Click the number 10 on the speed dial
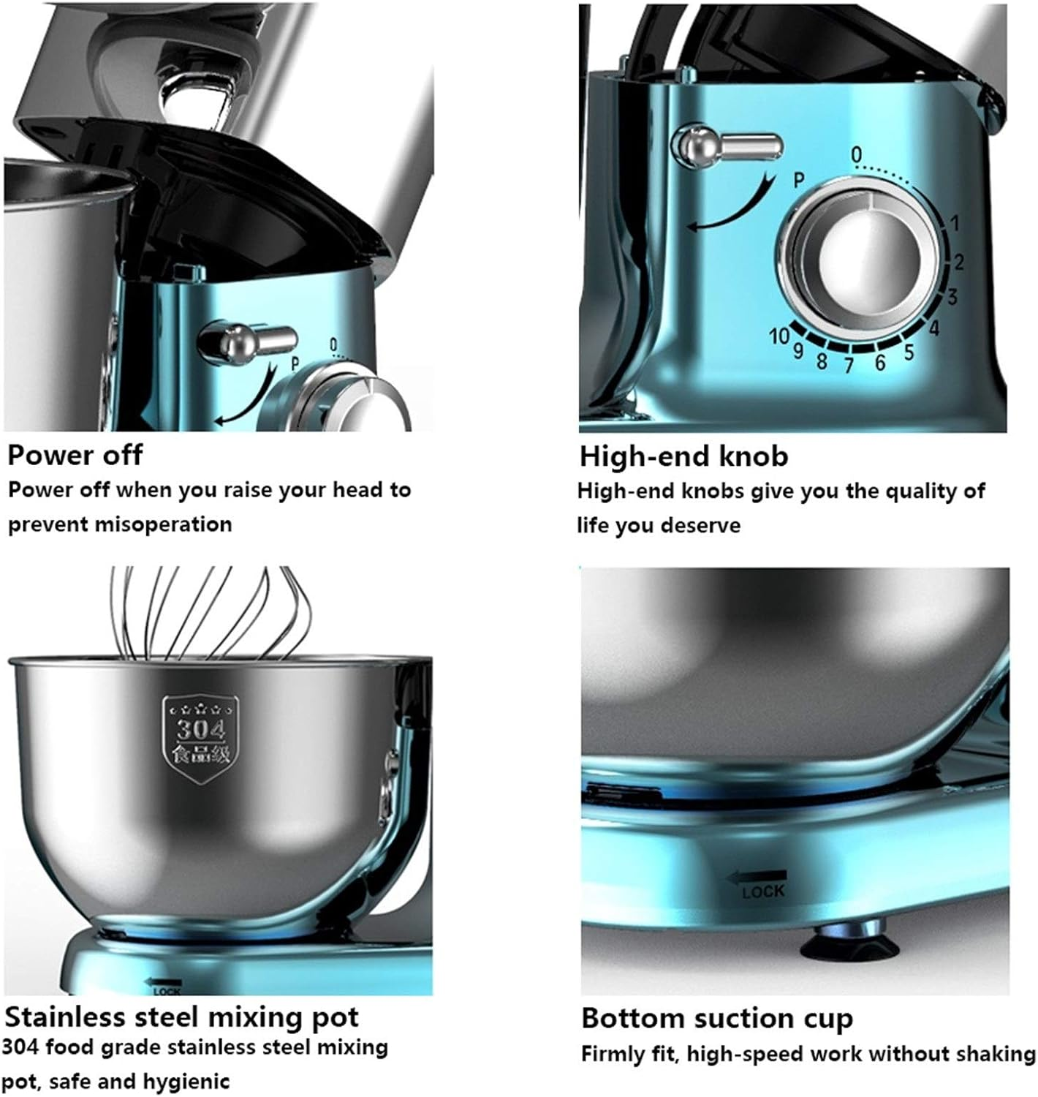pos(778,336)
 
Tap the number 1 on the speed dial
pos(955,223)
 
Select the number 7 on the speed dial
pos(849,365)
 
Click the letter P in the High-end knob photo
pos(799,180)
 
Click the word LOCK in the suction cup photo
pos(763,891)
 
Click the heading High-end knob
pos(683,456)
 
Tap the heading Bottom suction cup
pos(717,1018)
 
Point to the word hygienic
pos(186,1082)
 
